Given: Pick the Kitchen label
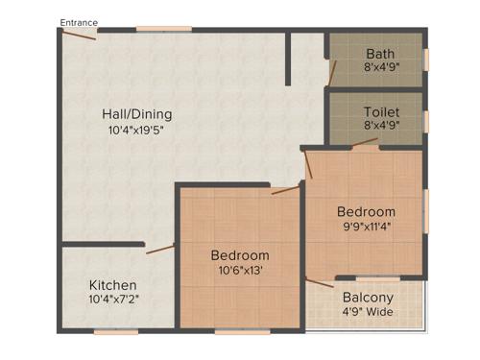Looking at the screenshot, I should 113,285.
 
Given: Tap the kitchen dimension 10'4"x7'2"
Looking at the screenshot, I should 113,300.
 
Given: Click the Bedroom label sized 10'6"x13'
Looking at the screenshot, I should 240,255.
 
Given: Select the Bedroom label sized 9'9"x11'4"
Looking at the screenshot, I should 366,211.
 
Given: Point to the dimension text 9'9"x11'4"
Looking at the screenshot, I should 365,227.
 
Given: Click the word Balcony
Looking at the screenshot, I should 368,297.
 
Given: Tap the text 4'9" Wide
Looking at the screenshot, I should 368,311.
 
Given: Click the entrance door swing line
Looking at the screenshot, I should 81,35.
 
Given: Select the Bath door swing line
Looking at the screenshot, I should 333,71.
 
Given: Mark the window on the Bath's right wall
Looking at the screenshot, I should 426,59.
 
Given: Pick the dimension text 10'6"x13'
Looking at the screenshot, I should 240,271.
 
